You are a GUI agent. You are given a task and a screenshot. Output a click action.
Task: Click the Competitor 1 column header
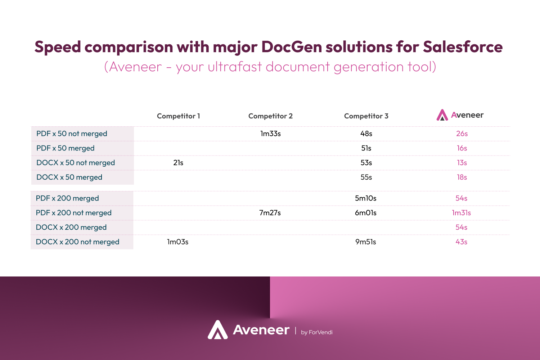[x=179, y=116]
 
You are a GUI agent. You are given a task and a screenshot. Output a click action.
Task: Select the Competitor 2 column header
[x=270, y=116]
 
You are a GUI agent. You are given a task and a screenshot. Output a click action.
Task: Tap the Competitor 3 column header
[x=366, y=116]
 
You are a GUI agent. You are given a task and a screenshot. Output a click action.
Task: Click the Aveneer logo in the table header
[x=460, y=115]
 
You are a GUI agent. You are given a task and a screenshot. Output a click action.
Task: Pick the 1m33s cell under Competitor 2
[x=270, y=134]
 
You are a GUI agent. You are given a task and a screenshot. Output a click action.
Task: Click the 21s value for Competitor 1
[x=178, y=163]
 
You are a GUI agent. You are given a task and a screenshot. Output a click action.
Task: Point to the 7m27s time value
[x=270, y=213]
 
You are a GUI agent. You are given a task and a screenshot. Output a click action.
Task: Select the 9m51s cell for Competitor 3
[x=366, y=242]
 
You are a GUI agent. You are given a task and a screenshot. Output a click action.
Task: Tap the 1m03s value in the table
[x=178, y=242]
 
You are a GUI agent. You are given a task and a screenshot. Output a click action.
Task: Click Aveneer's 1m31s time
[x=462, y=213]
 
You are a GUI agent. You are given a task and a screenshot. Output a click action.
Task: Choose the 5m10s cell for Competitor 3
[x=366, y=198]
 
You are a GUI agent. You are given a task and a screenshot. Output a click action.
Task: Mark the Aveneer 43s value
[x=462, y=242]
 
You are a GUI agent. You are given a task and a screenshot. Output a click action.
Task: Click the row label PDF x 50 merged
[x=65, y=148]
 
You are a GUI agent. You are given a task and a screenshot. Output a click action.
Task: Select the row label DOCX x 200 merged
[x=71, y=228]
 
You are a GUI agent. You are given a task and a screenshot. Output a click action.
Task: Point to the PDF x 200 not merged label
[x=73, y=213]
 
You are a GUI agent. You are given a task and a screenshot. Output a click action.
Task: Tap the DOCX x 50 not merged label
[x=76, y=163]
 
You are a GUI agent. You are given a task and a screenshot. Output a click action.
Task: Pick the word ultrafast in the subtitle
[x=235, y=67]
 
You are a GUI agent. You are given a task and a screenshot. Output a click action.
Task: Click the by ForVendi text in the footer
[x=316, y=332]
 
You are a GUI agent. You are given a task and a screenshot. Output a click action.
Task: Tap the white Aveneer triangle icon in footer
[x=218, y=329]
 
